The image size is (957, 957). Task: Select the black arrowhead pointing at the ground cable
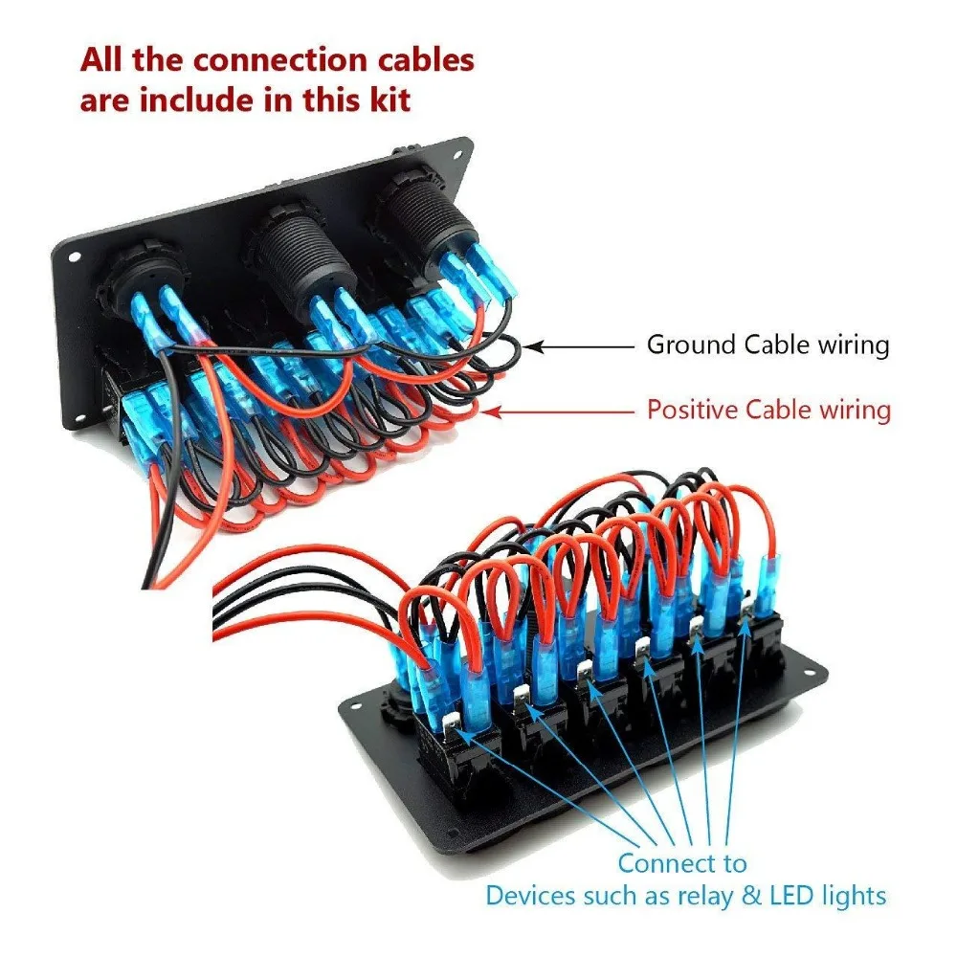(x=533, y=346)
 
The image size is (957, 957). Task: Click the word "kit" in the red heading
(x=389, y=100)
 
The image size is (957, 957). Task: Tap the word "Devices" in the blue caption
(x=530, y=896)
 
